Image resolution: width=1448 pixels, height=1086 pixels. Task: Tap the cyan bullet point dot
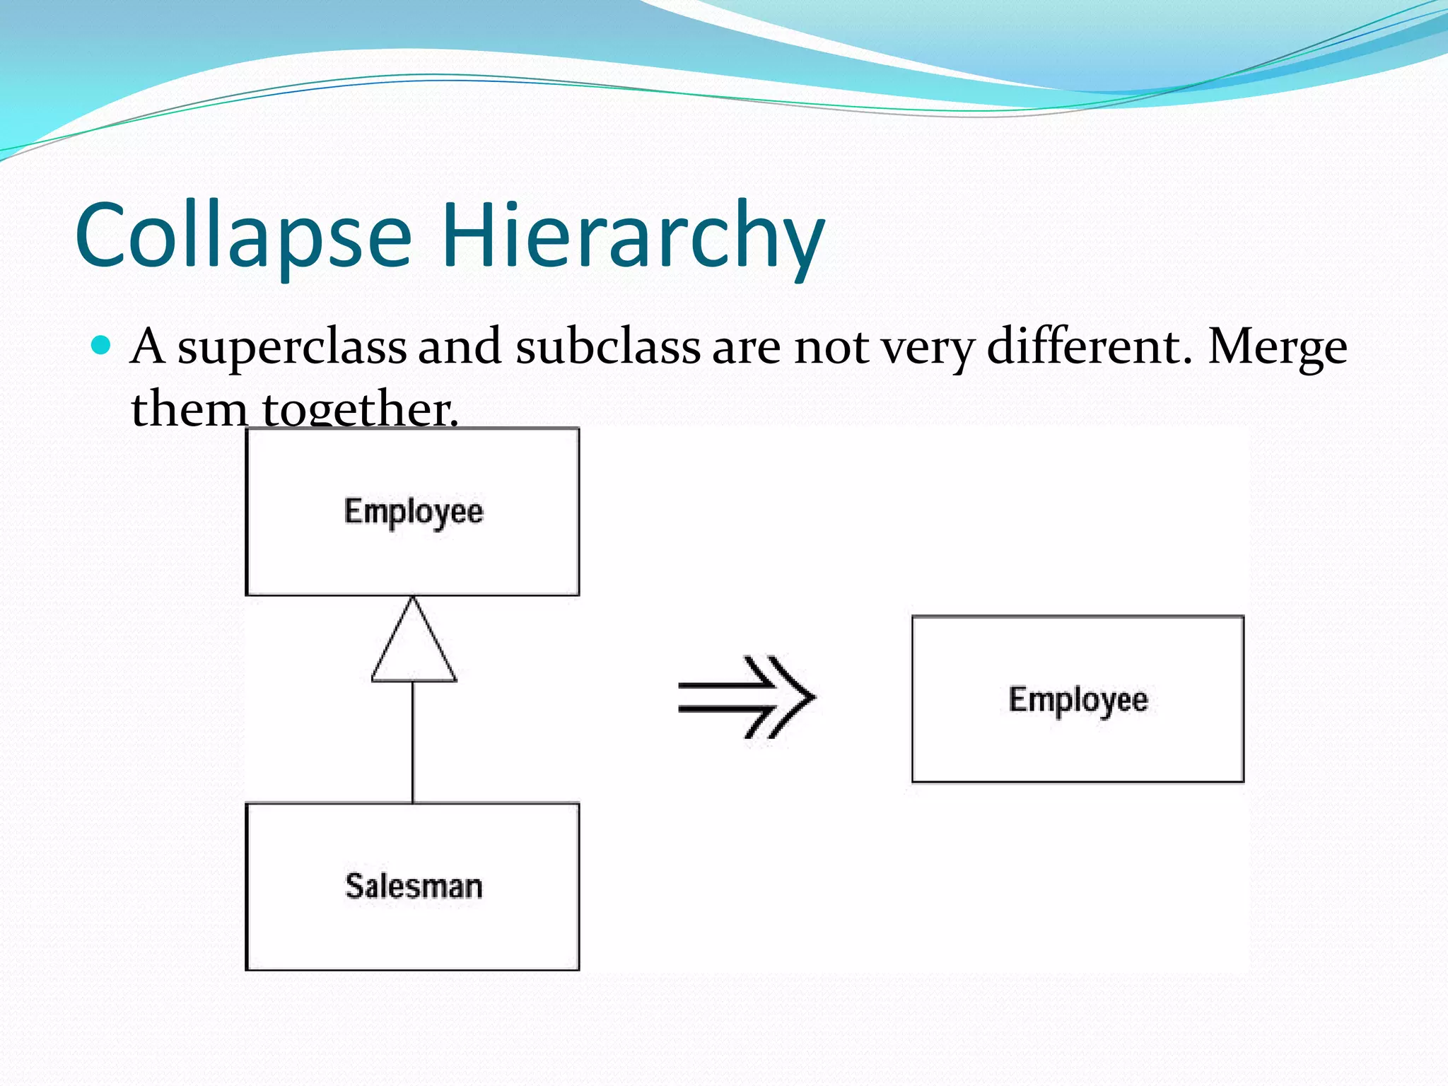click(102, 345)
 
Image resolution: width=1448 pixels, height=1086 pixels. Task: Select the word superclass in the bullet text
click(291, 348)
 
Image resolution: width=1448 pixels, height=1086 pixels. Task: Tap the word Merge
click(1277, 348)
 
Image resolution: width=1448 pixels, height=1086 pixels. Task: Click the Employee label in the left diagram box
click(414, 512)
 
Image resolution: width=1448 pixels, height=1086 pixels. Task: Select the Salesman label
click(414, 887)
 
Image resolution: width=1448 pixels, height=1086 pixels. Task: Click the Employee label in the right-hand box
click(1078, 700)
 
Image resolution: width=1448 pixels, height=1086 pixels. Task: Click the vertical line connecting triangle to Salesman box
click(413, 742)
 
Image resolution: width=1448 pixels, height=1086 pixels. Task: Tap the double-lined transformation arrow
click(746, 697)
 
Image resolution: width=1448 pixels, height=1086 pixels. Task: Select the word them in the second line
click(189, 409)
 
